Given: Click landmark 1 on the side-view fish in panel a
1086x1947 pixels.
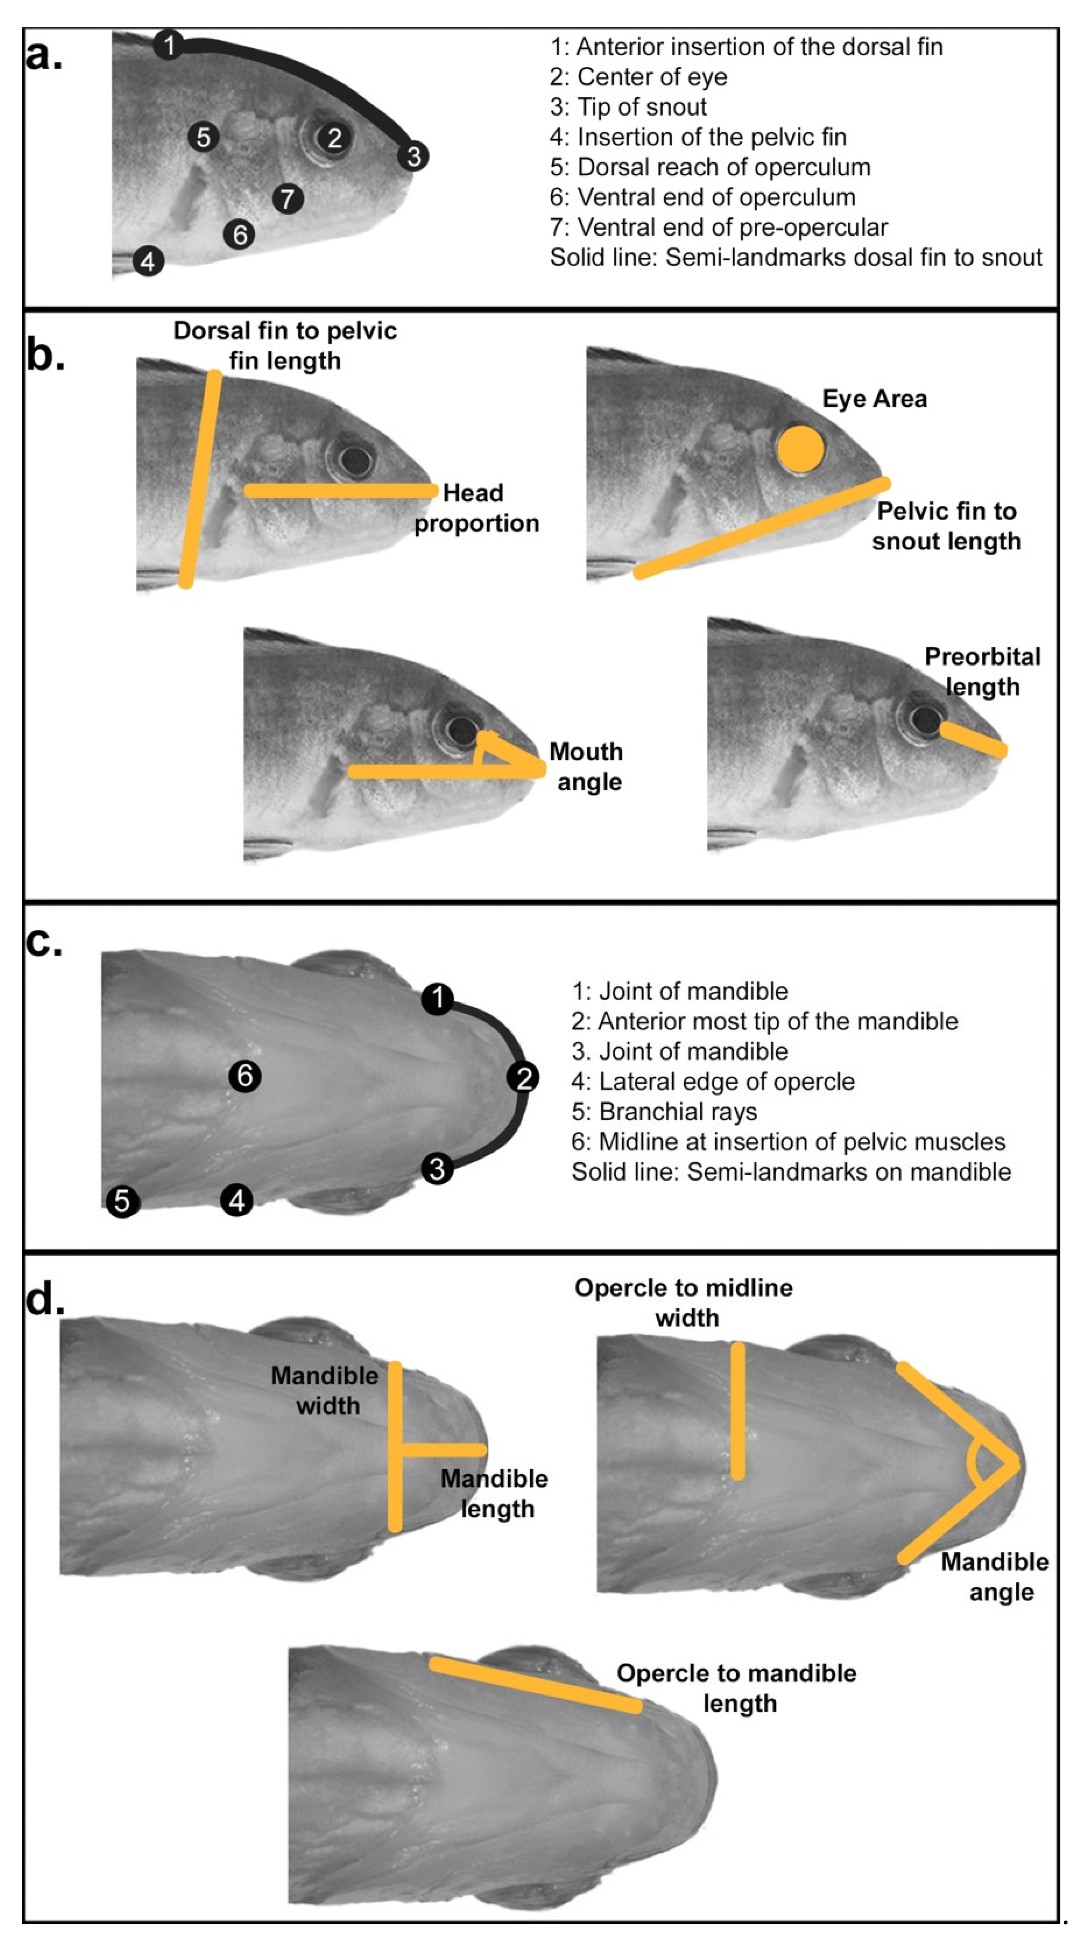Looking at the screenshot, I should [x=169, y=45].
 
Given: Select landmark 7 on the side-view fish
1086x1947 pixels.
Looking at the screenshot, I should [x=288, y=199].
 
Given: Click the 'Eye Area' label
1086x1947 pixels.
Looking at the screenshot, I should [x=874, y=399].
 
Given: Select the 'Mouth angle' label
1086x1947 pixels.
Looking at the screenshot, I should [x=587, y=766].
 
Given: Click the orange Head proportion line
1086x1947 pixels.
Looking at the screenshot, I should [x=340, y=491].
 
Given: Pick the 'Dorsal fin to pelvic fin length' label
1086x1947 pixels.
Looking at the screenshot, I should [x=285, y=345].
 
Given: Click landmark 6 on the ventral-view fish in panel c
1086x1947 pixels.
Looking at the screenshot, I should [x=245, y=1075].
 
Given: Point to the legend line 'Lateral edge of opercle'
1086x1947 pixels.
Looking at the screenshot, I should [x=713, y=1082].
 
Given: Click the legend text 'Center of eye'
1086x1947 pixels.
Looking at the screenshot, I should [x=639, y=77].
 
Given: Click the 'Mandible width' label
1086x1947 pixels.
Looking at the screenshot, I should [x=325, y=1391].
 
